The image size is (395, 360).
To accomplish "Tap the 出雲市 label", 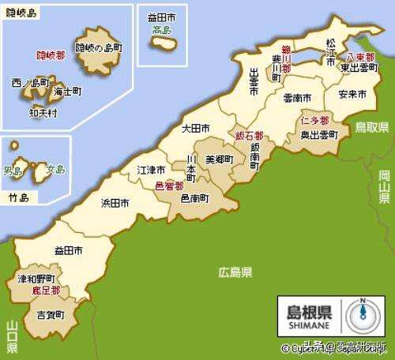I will click(254, 82).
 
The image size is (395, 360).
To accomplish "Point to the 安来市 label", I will click(352, 94).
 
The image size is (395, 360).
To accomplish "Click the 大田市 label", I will click(195, 128).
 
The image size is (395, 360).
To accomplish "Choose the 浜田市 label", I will click(115, 203).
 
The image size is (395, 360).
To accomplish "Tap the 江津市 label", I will click(151, 170).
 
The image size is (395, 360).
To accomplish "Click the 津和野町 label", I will click(36, 279).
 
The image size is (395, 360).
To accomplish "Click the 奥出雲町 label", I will click(318, 135).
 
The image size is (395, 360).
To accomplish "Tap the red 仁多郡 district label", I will click(314, 122).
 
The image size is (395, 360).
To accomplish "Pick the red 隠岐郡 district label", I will click(51, 55).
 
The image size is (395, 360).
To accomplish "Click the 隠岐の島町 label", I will click(99, 47).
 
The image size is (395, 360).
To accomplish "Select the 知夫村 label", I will click(43, 112).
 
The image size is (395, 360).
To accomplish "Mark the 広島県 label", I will click(235, 272).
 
